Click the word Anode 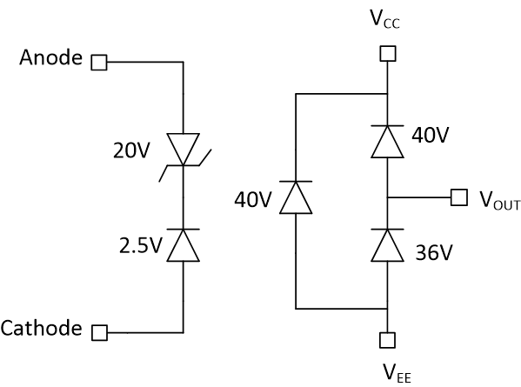[x=51, y=60]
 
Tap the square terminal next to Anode [x=99, y=63]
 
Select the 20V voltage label [x=131, y=150]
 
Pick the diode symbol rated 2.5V [x=184, y=244]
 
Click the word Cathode [x=42, y=329]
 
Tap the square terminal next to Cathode [x=99, y=331]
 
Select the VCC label [x=388, y=19]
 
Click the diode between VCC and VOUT [x=388, y=142]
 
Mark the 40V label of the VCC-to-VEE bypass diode [x=252, y=199]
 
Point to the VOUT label [x=499, y=199]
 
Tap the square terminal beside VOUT [x=459, y=197]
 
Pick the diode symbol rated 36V [x=388, y=245]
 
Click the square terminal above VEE [x=388, y=339]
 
